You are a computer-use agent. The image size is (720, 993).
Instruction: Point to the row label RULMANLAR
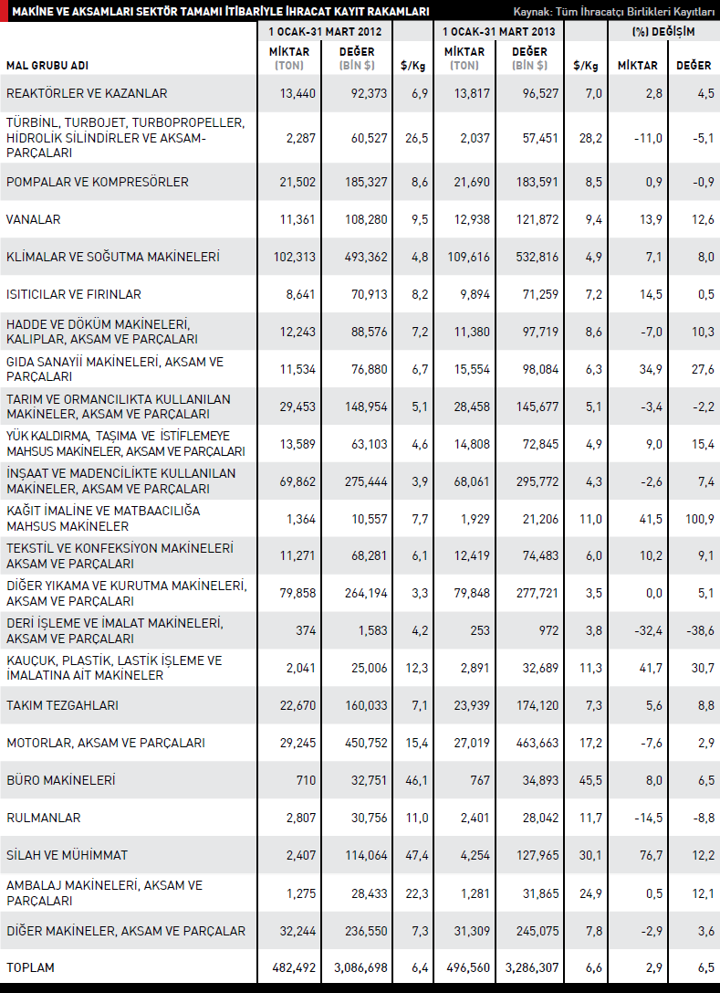click(43, 819)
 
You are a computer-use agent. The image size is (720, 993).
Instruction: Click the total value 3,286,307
click(528, 967)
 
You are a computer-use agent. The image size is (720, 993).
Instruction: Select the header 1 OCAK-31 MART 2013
click(498, 31)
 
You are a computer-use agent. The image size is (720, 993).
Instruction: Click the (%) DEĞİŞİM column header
click(663, 31)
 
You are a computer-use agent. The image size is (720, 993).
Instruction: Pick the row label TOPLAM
click(30, 967)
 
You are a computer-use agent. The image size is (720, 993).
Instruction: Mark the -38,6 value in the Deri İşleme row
click(698, 631)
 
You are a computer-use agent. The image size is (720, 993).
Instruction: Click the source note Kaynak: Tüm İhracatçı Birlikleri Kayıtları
click(613, 11)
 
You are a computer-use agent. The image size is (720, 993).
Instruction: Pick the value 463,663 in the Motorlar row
click(537, 744)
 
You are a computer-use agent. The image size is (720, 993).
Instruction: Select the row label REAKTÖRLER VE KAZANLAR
click(87, 93)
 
